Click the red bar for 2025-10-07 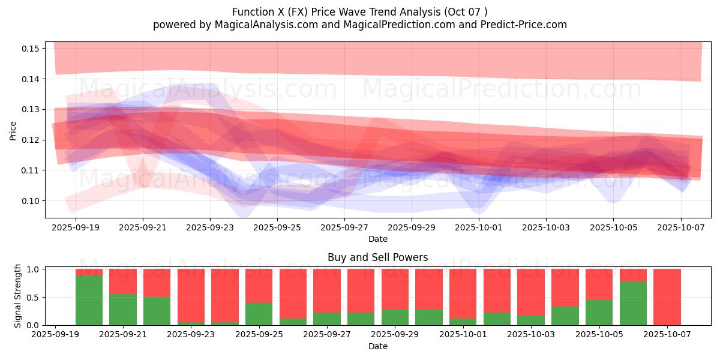pyautogui.click(x=667, y=297)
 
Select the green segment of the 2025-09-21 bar pyautogui.click(x=122, y=310)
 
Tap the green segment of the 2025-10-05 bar pyautogui.click(x=599, y=313)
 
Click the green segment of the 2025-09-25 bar pyautogui.click(x=259, y=314)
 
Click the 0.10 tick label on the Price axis pyautogui.click(x=29, y=201)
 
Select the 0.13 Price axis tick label pyautogui.click(x=29, y=109)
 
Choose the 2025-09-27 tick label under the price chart pyautogui.click(x=344, y=228)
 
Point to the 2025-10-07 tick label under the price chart pyautogui.click(x=680, y=228)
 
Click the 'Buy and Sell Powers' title pyautogui.click(x=378, y=257)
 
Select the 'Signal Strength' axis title pyautogui.click(x=18, y=296)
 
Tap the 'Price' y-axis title pyautogui.click(x=13, y=130)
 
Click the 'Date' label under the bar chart pyautogui.click(x=378, y=346)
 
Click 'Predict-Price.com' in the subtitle pyautogui.click(x=522, y=25)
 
